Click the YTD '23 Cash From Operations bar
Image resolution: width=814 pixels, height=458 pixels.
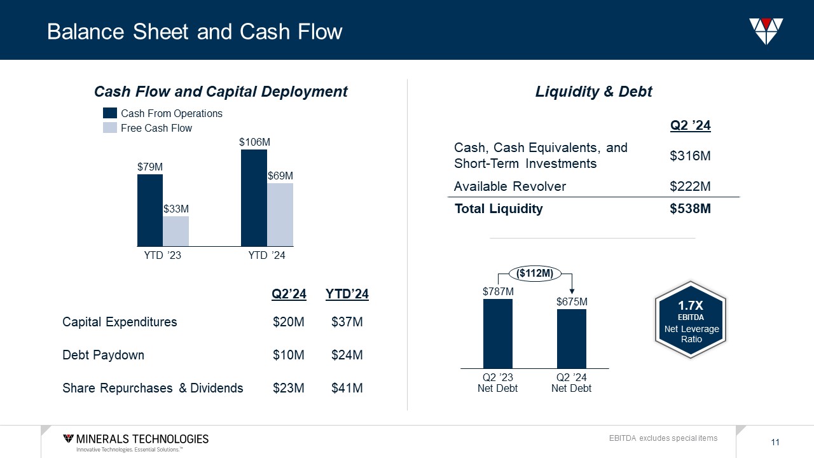(150, 210)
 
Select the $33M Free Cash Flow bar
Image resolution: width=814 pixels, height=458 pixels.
(176, 231)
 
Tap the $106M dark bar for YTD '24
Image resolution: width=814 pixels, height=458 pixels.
(254, 197)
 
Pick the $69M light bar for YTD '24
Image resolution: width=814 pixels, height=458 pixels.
(280, 214)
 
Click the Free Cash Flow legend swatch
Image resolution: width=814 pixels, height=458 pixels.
(110, 128)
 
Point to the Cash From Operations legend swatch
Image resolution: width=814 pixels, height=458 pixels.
(110, 113)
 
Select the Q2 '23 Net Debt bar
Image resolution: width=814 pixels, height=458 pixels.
(497, 333)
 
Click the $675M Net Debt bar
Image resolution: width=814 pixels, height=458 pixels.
(571, 338)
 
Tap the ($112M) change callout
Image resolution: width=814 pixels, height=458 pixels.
(535, 274)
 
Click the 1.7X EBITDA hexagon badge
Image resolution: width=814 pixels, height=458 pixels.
(691, 323)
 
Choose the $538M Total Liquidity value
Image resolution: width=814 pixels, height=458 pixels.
(690, 209)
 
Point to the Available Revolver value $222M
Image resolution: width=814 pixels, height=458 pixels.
(690, 186)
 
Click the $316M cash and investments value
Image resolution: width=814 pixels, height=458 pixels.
(690, 156)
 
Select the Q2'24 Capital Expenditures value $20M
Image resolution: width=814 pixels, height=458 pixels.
(289, 322)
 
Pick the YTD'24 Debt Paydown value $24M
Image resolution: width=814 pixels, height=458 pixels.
(347, 355)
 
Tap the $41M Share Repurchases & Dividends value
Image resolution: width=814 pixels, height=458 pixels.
(347, 388)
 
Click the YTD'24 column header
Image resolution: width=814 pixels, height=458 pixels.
(347, 294)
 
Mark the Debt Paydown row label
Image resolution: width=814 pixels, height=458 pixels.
(103, 355)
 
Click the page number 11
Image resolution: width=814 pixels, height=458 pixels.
(775, 443)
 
